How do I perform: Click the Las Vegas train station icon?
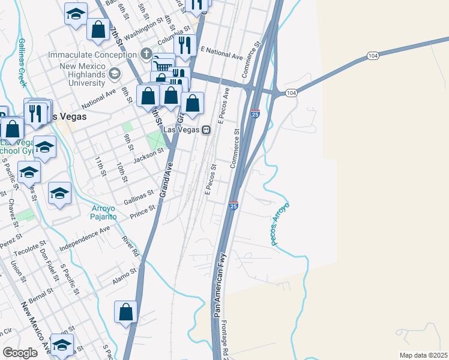click(x=206, y=130)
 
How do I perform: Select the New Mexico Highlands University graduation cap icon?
click(x=114, y=73)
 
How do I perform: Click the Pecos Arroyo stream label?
click(x=280, y=224)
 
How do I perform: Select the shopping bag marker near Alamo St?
click(x=125, y=312)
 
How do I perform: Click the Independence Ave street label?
click(x=85, y=238)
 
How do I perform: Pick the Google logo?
click(x=20, y=353)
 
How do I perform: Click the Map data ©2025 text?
click(x=423, y=355)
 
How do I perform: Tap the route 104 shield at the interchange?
click(x=291, y=93)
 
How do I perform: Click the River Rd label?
click(x=130, y=247)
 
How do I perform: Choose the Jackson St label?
click(x=148, y=157)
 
